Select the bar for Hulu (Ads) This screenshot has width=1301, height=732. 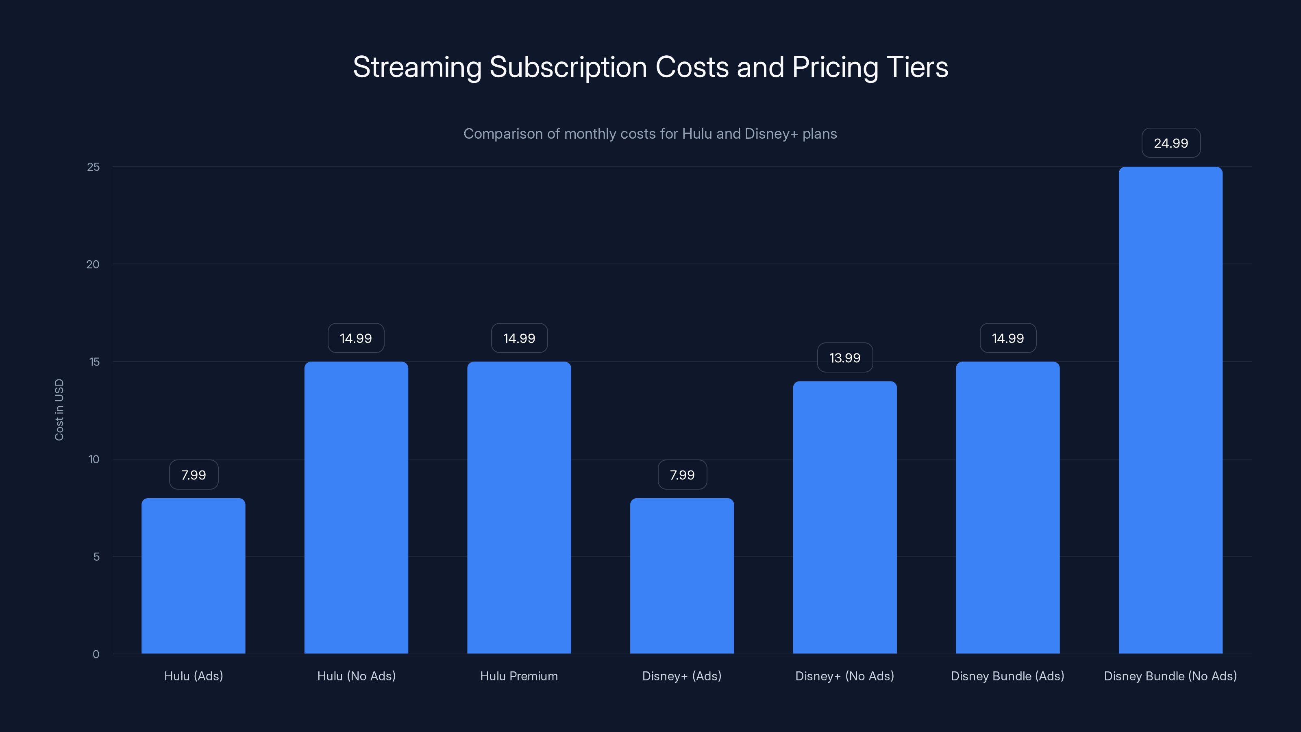[194, 576]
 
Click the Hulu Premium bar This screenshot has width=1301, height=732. [519, 508]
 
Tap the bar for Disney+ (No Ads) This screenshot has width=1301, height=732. [845, 517]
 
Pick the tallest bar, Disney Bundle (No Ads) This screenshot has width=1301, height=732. [1171, 410]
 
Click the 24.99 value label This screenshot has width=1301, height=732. [1171, 143]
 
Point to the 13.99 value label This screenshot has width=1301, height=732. [845, 358]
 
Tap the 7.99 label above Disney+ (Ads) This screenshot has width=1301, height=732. [682, 475]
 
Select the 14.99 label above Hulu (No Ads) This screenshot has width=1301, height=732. [356, 338]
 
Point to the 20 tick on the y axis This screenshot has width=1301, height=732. [93, 264]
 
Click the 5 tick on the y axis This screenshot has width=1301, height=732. [96, 557]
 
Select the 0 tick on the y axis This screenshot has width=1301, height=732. [96, 654]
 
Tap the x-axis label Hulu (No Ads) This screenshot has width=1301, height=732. [357, 676]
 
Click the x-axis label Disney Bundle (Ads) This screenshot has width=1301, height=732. [1007, 676]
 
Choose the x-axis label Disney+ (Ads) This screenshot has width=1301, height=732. [682, 676]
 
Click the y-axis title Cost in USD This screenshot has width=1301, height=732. [59, 410]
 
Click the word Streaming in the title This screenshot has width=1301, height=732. [417, 67]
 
